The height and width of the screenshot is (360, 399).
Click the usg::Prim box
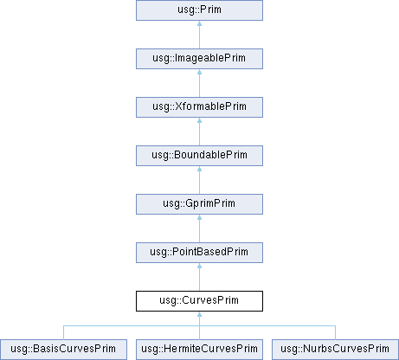pyautogui.click(x=199, y=10)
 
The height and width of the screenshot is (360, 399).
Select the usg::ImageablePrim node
pyautogui.click(x=199, y=59)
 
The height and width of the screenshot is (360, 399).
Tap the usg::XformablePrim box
pyautogui.click(x=199, y=107)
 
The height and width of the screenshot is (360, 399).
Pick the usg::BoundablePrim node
pyautogui.click(x=199, y=156)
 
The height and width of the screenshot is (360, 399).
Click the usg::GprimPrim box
pyautogui.click(x=199, y=204)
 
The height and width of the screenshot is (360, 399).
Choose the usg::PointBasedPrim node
pyautogui.click(x=199, y=253)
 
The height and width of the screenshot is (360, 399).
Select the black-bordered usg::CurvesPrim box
pyautogui.click(x=199, y=301)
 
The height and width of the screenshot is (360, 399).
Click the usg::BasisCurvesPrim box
pyautogui.click(x=63, y=350)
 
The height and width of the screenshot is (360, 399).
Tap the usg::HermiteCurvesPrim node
pyautogui.click(x=199, y=350)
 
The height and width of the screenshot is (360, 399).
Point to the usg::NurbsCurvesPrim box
pyautogui.click(x=335, y=350)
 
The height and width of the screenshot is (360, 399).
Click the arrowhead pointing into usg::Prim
pyautogui.click(x=199, y=23)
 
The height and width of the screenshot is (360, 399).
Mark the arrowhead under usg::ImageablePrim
pyautogui.click(x=199, y=72)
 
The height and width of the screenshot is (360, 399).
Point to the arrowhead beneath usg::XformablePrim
pyautogui.click(x=199, y=120)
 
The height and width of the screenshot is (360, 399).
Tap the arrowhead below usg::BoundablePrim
pyautogui.click(x=199, y=169)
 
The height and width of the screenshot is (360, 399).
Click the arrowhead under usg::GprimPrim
pyautogui.click(x=199, y=217)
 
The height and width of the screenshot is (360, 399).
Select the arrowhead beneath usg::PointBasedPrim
pyautogui.click(x=199, y=266)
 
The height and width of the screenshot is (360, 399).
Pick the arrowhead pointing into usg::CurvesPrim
pyautogui.click(x=199, y=314)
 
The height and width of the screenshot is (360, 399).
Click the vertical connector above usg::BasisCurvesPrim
pyautogui.click(x=63, y=332)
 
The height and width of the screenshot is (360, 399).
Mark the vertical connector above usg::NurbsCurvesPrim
pyautogui.click(x=335, y=332)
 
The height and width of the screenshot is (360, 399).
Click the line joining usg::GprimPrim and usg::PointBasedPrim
pyautogui.click(x=199, y=228)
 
